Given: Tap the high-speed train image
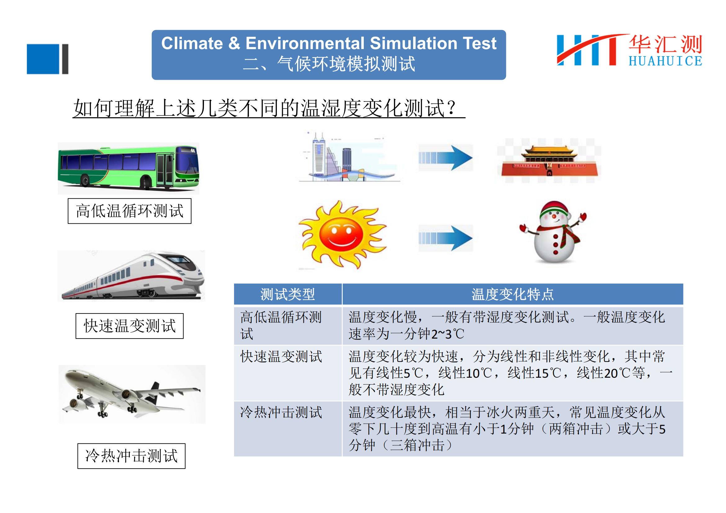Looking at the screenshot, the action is pyautogui.click(x=131, y=276).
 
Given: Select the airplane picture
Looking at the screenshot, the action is pyautogui.click(x=132, y=394).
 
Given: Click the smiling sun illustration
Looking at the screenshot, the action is pyautogui.click(x=342, y=234).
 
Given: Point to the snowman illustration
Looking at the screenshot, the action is pyautogui.click(x=553, y=232).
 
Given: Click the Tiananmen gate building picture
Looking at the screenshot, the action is pyautogui.click(x=549, y=160).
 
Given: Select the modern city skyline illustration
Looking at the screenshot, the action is pyautogui.click(x=349, y=157).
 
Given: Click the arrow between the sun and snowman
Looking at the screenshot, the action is pyautogui.click(x=445, y=238).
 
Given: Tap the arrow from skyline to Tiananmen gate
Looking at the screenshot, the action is pyautogui.click(x=445, y=158).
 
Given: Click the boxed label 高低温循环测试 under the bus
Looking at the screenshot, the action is pyautogui.click(x=130, y=211).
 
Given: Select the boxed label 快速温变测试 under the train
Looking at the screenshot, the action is pyautogui.click(x=130, y=326).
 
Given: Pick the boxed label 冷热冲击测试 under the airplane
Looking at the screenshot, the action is pyautogui.click(x=132, y=456).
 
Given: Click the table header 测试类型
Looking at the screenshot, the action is pyautogui.click(x=287, y=294).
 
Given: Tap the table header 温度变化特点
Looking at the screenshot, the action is pyautogui.click(x=512, y=294).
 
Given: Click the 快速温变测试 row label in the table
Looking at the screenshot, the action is pyautogui.click(x=281, y=357).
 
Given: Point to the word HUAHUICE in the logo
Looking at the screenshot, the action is pyautogui.click(x=665, y=61).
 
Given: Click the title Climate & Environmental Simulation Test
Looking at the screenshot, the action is pyautogui.click(x=329, y=43).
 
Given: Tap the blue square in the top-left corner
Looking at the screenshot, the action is pyautogui.click(x=43, y=59).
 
